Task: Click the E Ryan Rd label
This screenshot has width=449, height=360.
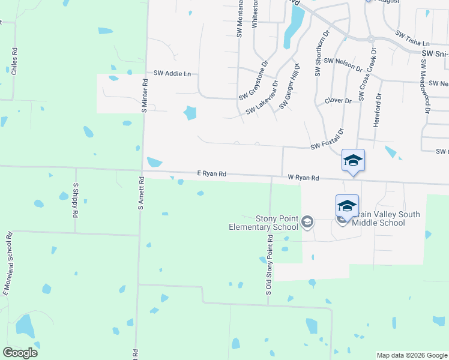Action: pyautogui.click(x=211, y=173)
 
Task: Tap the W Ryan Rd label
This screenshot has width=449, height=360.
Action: pyautogui.click(x=303, y=178)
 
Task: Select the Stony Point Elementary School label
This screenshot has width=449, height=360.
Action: pyautogui.click(x=264, y=223)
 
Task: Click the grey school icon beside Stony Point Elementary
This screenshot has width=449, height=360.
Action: pyautogui.click(x=307, y=222)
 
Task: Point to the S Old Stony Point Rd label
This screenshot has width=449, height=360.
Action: pyautogui.click(x=270, y=265)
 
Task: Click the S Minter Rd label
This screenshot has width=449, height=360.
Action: pyautogui.click(x=144, y=95)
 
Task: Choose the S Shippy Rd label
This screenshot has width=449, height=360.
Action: pyautogui.click(x=76, y=200)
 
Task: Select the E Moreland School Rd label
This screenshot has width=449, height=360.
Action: pyautogui.click(x=8, y=263)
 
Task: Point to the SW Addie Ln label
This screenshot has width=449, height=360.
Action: pyautogui.click(x=172, y=73)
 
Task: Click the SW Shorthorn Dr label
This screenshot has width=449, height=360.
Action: pyautogui.click(x=318, y=54)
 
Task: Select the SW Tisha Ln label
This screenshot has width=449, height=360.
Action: pyautogui.click(x=410, y=43)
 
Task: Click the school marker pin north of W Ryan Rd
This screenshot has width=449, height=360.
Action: pyautogui.click(x=353, y=161)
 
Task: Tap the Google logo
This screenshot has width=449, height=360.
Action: pyautogui.click(x=20, y=353)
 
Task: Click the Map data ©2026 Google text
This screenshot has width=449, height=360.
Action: pyautogui.click(x=412, y=355)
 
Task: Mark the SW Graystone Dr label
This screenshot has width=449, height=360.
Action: pyautogui.click(x=253, y=82)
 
